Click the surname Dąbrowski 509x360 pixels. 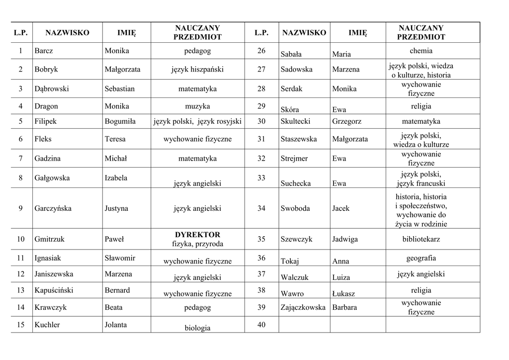tap(52, 89)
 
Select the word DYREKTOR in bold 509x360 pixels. tap(197, 235)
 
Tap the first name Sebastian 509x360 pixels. tap(119, 89)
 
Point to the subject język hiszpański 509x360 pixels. tap(197, 70)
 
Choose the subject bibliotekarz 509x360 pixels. tap(421, 239)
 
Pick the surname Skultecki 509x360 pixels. tap(296, 121)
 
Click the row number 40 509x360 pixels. tap(261, 325)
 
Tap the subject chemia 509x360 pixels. tap(421, 51)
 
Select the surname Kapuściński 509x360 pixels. tap(54, 290)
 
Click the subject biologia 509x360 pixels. tap(197, 328)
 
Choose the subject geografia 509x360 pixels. tap(421, 258)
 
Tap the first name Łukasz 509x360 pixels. tap(343, 294)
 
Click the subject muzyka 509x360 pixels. tap(197, 106)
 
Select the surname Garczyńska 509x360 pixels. tap(53, 209)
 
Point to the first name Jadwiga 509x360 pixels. tap(345, 239)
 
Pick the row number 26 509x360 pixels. tap(261, 51)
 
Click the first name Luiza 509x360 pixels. tap(341, 277)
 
